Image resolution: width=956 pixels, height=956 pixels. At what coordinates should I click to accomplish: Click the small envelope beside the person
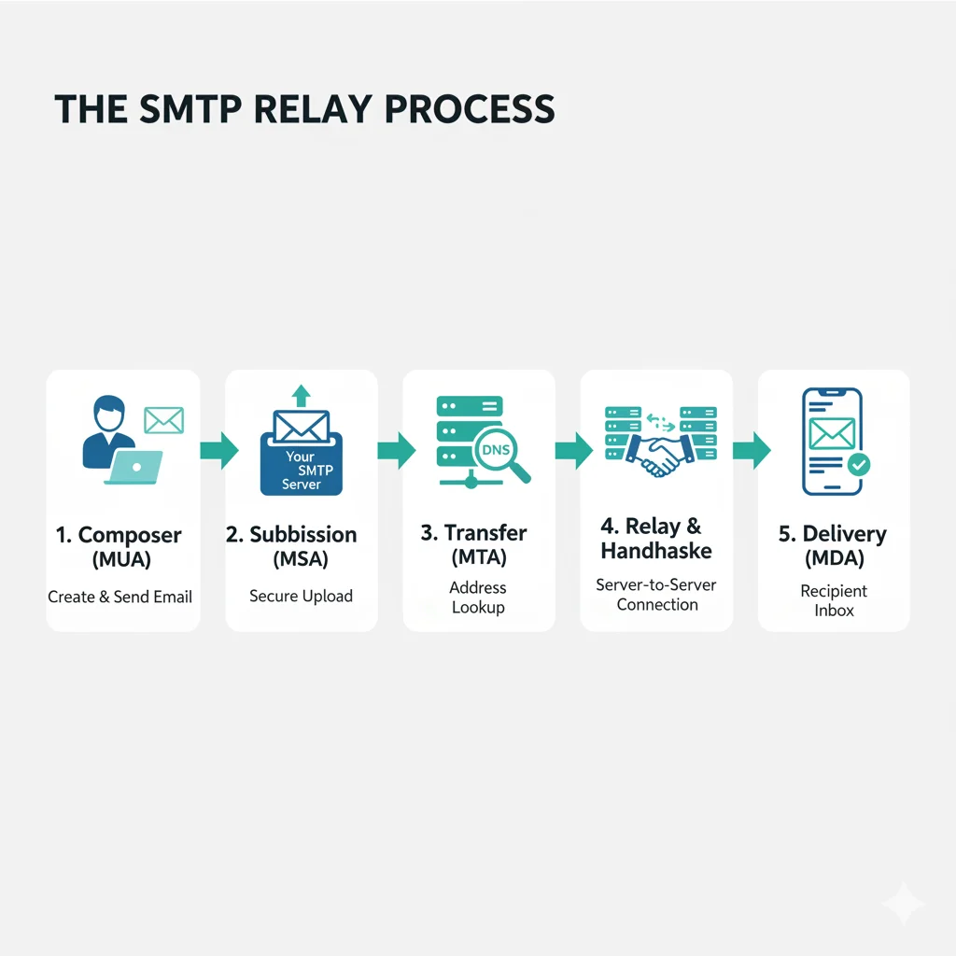pos(163,420)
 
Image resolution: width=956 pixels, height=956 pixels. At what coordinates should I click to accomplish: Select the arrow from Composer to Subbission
pos(218,450)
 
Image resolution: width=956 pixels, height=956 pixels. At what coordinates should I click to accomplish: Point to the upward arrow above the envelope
pos(301,394)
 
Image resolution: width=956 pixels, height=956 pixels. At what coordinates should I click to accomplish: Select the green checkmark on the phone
pos(858,463)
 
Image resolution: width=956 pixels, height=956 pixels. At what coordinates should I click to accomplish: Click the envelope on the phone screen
pos(832,432)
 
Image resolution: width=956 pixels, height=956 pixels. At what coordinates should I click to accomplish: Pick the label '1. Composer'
pos(119,535)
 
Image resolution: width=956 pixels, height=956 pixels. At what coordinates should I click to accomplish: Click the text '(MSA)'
pos(301,560)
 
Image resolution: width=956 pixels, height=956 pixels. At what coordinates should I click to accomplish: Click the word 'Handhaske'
pos(656,551)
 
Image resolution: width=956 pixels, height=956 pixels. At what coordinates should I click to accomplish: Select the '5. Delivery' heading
pos(833,535)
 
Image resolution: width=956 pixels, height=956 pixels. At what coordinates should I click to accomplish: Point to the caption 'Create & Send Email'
pos(120,597)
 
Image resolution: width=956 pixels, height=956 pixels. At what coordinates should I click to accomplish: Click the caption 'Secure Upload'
pos(301,596)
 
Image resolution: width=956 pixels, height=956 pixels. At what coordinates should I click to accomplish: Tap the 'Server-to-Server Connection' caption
pos(657,595)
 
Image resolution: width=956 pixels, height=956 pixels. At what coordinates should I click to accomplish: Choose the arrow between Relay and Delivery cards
pos(752,450)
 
